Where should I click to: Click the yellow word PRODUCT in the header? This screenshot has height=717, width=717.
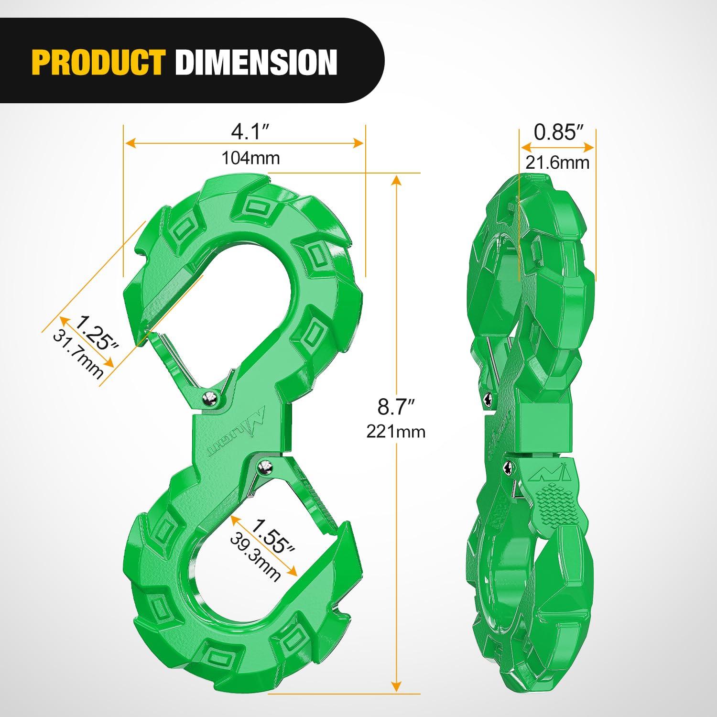(98, 62)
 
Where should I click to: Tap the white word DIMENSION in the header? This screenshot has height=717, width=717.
(256, 62)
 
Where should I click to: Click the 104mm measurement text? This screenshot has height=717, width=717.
(250, 158)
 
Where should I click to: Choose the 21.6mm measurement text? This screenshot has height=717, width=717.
(557, 163)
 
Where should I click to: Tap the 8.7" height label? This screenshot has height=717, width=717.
(395, 407)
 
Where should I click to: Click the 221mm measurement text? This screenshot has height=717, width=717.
(396, 432)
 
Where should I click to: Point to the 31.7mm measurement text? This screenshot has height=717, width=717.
(78, 354)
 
